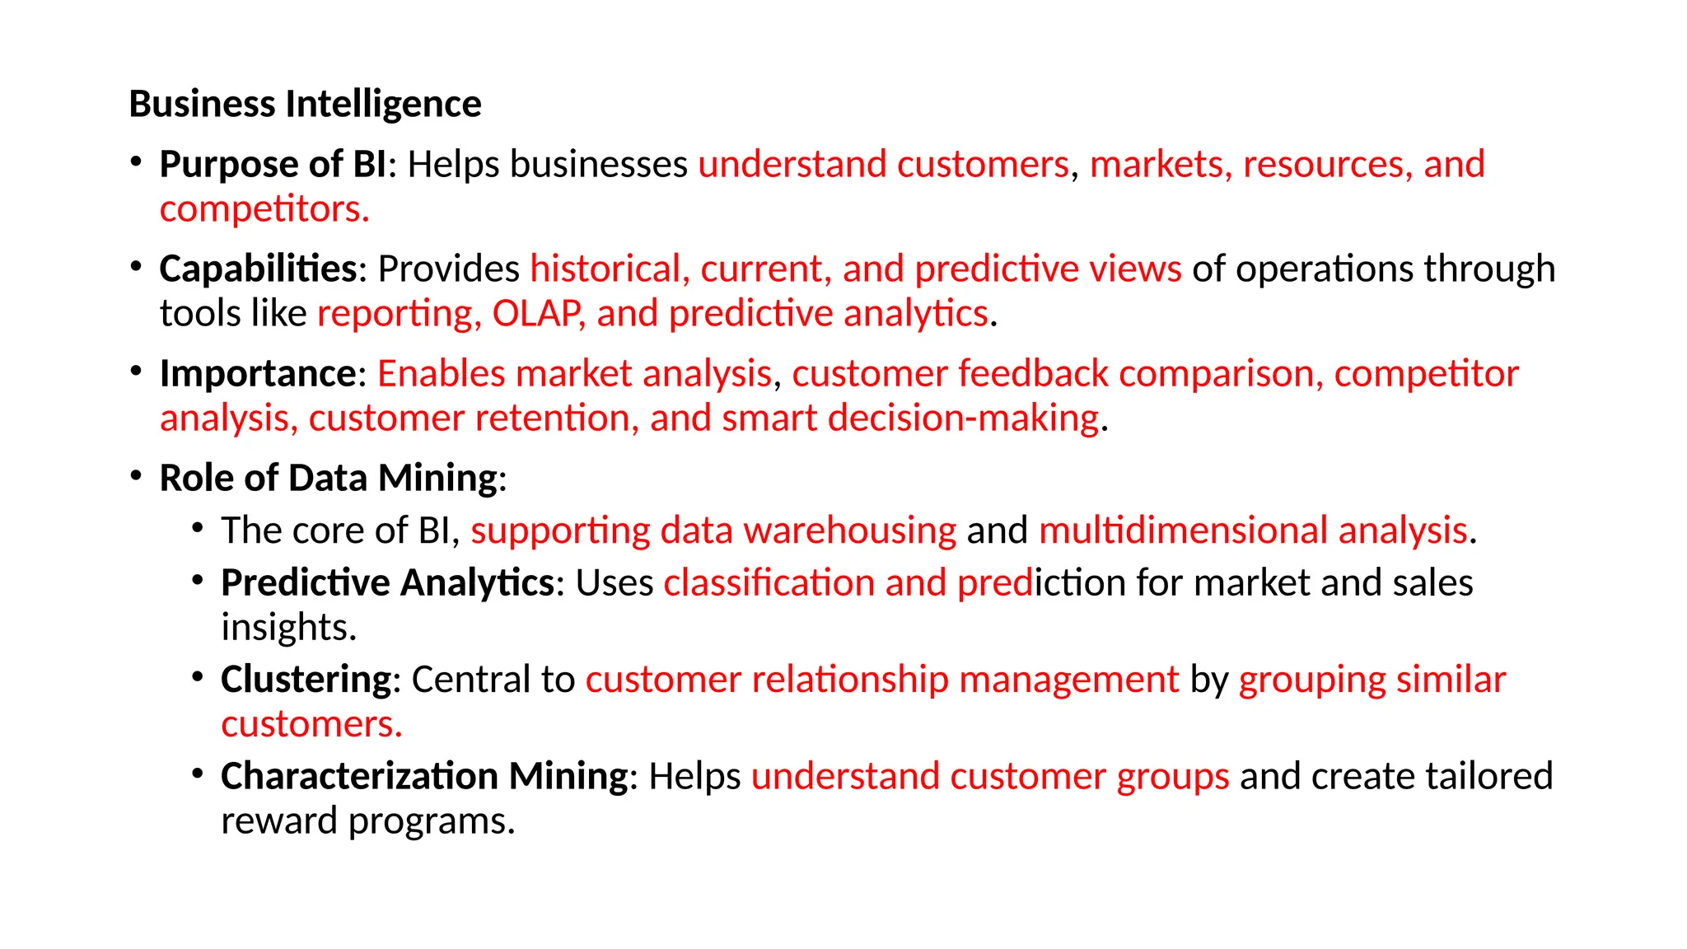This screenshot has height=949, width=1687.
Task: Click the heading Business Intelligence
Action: pos(305,105)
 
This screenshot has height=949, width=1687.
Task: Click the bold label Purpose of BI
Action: pos(273,165)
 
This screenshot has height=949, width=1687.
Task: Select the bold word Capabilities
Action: pos(258,269)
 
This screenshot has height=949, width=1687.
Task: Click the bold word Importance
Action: pos(258,374)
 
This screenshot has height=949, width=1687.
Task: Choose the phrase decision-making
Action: pos(963,418)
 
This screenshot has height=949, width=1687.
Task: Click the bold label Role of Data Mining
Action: pos(329,479)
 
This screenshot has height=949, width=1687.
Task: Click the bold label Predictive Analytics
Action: pos(387,583)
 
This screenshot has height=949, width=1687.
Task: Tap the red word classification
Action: pos(769,583)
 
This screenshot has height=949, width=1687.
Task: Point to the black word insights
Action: pos(288,628)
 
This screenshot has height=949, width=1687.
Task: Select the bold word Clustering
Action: pos(306,680)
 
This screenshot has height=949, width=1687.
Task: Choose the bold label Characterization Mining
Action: pos(424,777)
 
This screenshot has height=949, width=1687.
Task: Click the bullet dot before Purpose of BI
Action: pos(136,161)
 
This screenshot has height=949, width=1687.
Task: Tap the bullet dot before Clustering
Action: pos(197,677)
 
